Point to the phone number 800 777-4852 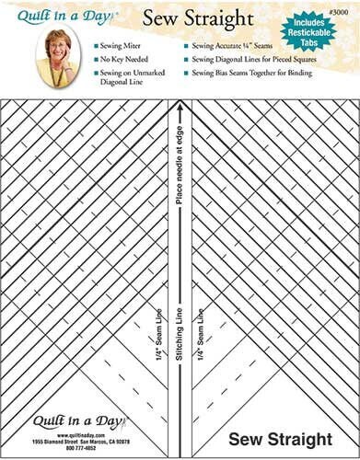click(77, 448)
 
